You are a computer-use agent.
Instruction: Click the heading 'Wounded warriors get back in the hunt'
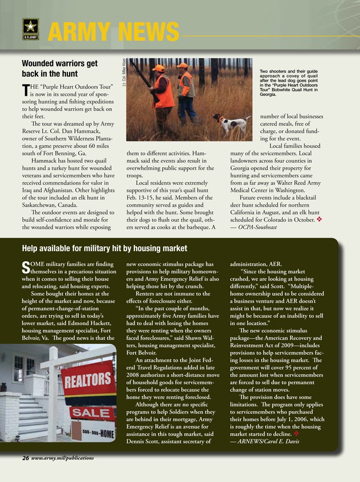coord(59,68)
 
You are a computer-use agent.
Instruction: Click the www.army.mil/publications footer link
coord(62,458)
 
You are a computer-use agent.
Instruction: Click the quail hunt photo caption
coord(289,82)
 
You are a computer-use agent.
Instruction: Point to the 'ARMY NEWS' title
coord(112,31)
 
